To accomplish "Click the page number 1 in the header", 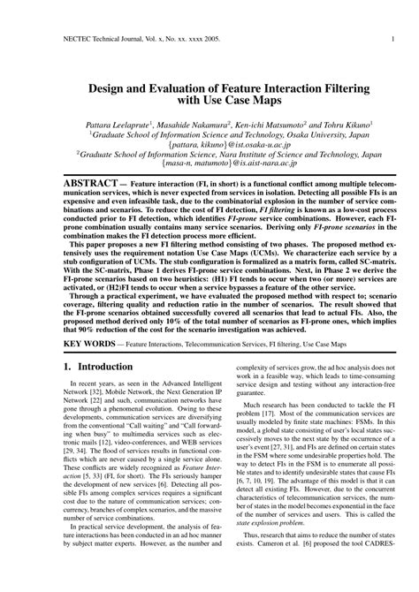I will (391, 39).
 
